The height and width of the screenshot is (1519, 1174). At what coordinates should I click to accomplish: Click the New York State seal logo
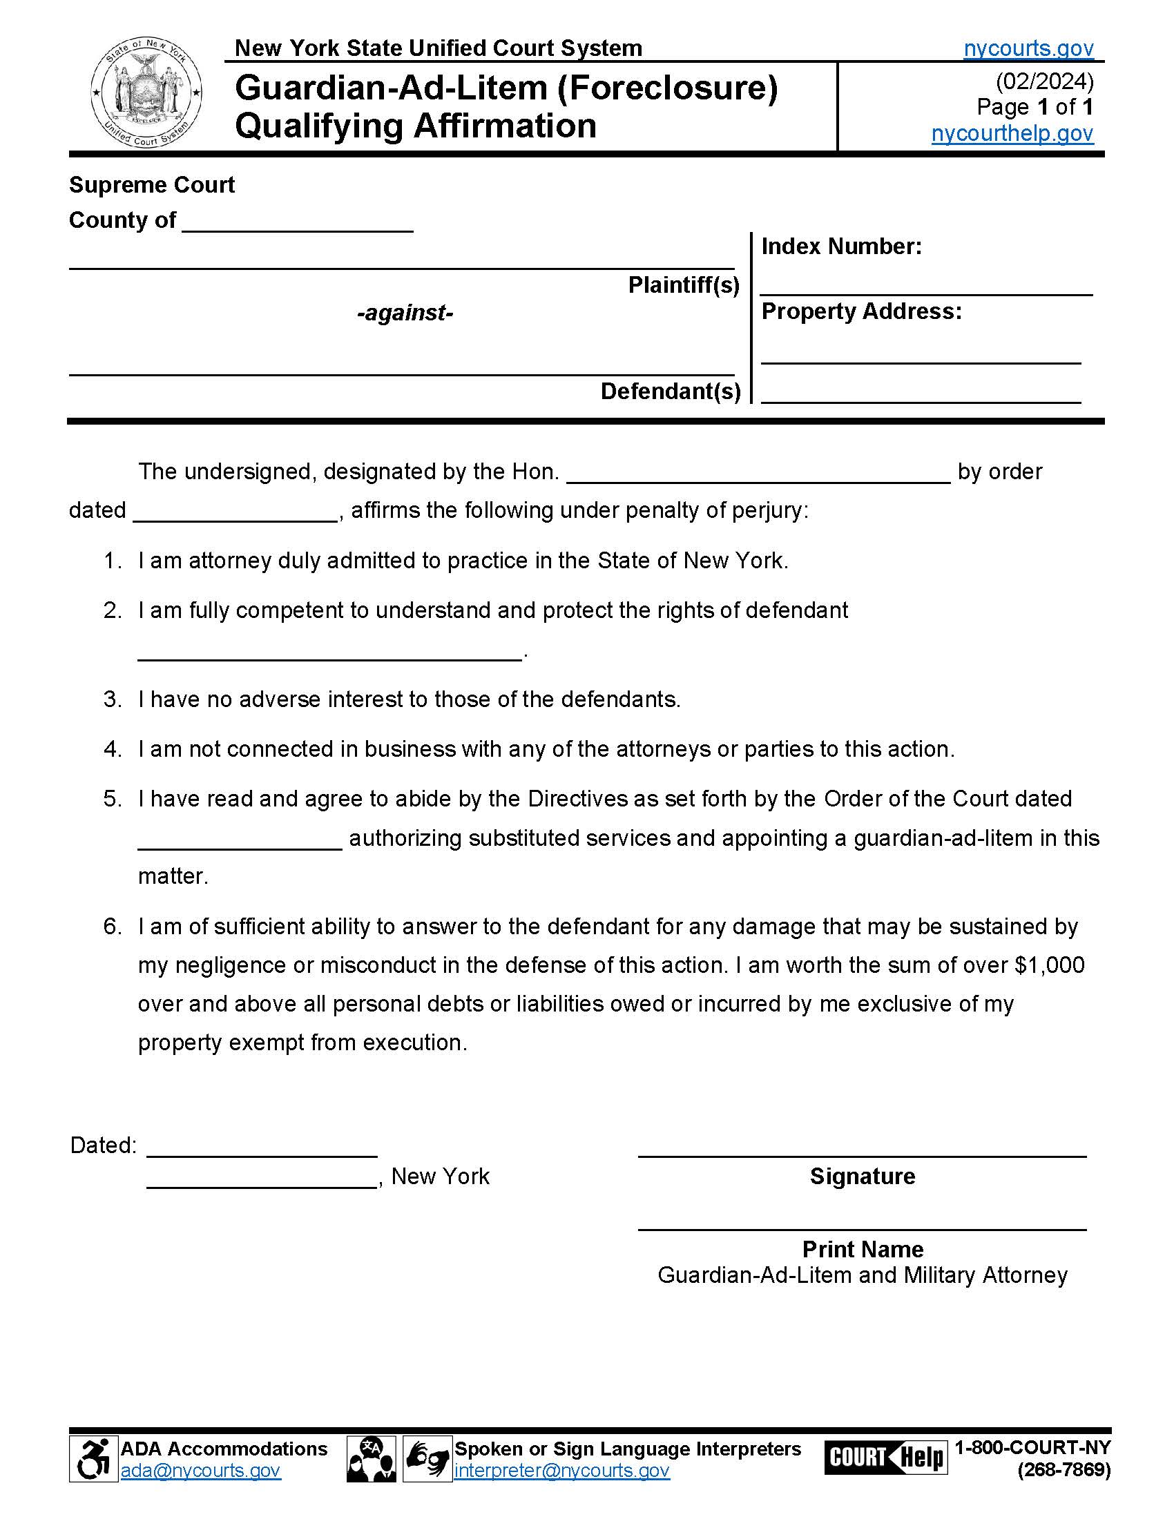coord(146,92)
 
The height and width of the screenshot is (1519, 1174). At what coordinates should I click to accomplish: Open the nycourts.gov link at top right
coord(1028,48)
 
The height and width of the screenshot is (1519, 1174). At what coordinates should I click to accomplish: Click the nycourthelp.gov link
coord(1012,132)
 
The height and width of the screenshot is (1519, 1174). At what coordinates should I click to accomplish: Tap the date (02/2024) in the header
coord(1044,81)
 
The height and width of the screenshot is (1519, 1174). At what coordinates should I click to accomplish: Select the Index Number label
coord(841,246)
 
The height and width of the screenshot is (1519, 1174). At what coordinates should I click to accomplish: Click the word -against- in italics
coord(405,313)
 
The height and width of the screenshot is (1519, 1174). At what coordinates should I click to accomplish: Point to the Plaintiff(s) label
coord(683,284)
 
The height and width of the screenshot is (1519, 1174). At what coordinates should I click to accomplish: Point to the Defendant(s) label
coord(670,391)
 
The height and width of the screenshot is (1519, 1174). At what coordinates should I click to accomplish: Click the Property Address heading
coord(861,311)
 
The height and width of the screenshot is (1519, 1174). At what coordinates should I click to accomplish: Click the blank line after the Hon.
coord(758,473)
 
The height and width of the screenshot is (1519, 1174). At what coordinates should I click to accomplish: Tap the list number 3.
coord(112,699)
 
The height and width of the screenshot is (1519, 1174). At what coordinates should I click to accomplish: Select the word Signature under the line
coord(862,1176)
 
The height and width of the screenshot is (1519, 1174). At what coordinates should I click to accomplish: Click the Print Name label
coord(863,1249)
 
